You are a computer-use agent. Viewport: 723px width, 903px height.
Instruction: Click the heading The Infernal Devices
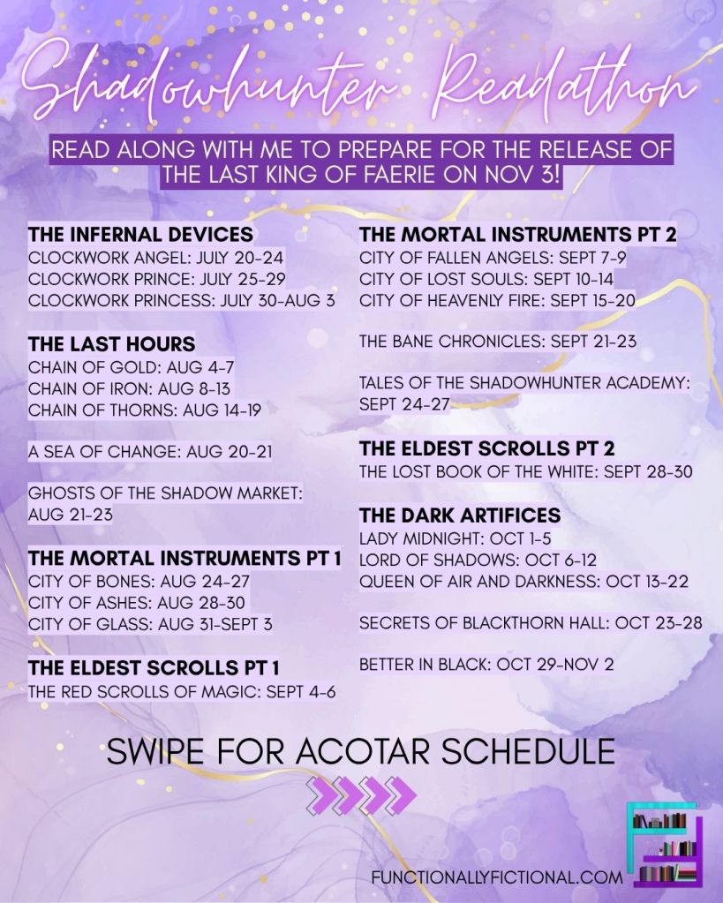(x=140, y=235)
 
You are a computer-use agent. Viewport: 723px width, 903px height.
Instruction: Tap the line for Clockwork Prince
(x=157, y=279)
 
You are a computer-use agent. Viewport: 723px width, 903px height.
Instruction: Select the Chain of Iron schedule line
(x=129, y=388)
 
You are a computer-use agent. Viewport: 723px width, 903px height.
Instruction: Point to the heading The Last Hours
(x=112, y=343)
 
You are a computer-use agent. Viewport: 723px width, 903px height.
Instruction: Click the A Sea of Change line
(x=150, y=452)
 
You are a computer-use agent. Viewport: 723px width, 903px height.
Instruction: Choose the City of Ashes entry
(x=137, y=602)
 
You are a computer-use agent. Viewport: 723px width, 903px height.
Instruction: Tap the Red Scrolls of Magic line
(x=182, y=691)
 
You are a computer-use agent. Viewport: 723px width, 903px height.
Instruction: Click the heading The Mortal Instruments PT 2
(x=518, y=235)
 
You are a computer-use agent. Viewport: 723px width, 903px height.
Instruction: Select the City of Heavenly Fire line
(x=497, y=300)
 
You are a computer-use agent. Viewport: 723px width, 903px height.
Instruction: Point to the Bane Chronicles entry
(x=498, y=341)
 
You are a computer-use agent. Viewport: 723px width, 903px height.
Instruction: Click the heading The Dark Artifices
(x=460, y=515)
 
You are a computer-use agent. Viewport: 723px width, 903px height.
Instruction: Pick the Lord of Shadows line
(x=478, y=560)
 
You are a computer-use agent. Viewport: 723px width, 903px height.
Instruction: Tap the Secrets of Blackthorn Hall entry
(x=531, y=622)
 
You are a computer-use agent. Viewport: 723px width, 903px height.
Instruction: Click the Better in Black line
(x=486, y=664)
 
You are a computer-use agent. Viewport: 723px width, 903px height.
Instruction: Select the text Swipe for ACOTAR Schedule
(x=361, y=751)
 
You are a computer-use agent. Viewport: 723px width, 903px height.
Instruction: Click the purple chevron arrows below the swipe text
(x=361, y=795)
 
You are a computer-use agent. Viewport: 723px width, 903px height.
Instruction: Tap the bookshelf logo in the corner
(x=667, y=846)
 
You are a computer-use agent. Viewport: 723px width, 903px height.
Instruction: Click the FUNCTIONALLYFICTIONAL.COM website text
(x=497, y=877)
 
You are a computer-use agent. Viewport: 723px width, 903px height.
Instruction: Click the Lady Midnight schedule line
(x=456, y=538)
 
